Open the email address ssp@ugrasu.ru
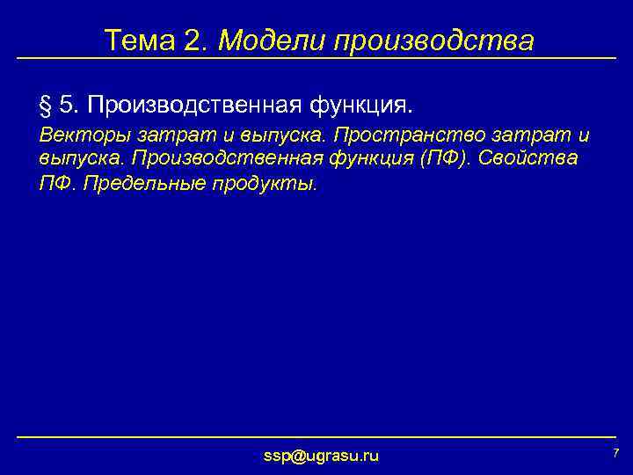tap(321, 455)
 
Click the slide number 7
tap(615, 452)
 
